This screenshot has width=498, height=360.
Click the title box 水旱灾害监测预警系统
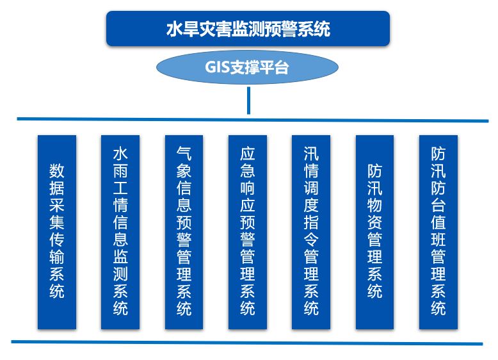[x=248, y=29]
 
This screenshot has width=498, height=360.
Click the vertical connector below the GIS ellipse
[x=248, y=101]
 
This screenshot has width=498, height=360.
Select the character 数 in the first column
[x=57, y=172]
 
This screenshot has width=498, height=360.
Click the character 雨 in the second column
[x=120, y=172]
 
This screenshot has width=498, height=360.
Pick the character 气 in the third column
[x=184, y=154]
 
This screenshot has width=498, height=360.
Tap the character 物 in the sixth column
[x=375, y=207]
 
